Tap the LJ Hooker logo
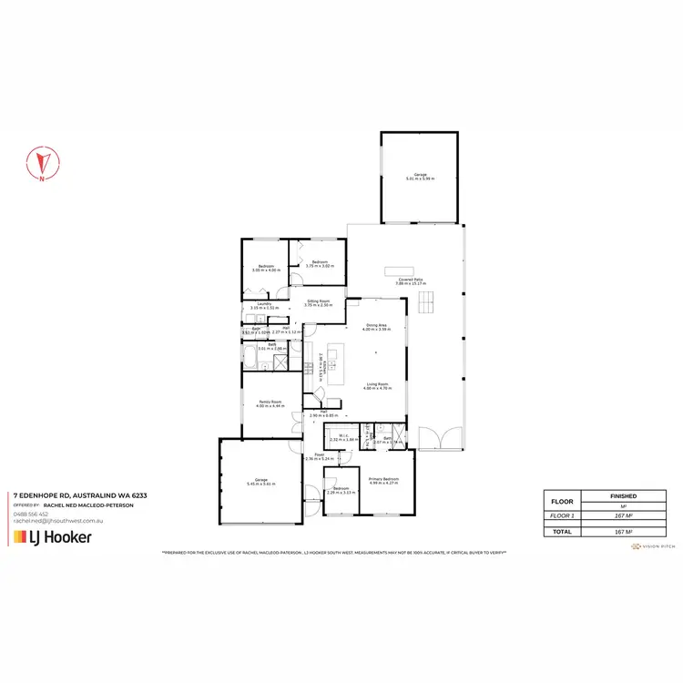51,537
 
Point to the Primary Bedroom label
383,480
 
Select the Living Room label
379,386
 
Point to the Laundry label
265,306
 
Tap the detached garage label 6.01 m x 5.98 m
421,178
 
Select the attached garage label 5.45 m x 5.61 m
260,483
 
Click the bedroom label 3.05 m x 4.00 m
265,269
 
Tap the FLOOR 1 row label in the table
556,515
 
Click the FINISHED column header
623,496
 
